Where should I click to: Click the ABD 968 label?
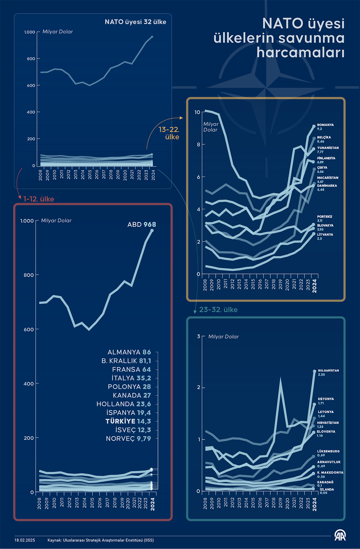click(x=141, y=224)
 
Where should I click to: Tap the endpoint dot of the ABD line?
click(x=152, y=230)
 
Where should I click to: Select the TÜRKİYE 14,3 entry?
click(x=128, y=421)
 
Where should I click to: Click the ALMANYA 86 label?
click(x=129, y=352)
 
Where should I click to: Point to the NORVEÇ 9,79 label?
click(x=128, y=438)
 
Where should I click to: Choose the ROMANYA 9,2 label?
click(x=325, y=127)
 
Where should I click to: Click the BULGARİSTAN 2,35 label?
click(x=328, y=372)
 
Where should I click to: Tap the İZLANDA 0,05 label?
click(x=327, y=491)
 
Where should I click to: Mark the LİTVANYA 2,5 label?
click(x=325, y=236)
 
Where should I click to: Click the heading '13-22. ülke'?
click(x=169, y=133)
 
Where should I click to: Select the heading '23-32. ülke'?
click(x=218, y=310)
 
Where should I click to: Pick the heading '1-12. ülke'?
click(x=39, y=199)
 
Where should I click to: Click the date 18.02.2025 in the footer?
click(x=25, y=540)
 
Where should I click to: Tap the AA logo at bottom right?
click(x=340, y=535)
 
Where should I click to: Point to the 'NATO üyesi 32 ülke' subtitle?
click(x=135, y=22)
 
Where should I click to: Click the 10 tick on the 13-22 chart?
click(x=197, y=112)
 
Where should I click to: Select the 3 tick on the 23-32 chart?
click(x=198, y=336)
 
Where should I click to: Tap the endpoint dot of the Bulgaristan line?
click(x=315, y=372)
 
